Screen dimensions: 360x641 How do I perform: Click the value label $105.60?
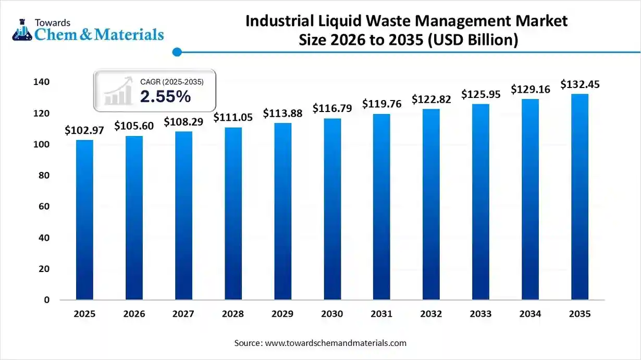point(134,126)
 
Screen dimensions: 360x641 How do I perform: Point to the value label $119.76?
point(381,104)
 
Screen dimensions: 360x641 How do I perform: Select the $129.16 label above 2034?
point(530,90)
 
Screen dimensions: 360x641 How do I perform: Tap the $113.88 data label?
point(282,113)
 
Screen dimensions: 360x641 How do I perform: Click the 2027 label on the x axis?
point(183,314)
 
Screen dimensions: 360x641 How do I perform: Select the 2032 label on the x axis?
point(431,314)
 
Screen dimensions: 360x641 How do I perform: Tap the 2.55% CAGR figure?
point(165,97)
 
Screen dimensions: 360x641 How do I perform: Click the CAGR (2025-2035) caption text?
point(171,82)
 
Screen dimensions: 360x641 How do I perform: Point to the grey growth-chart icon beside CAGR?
point(118,92)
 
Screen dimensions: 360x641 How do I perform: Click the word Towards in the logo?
point(53,22)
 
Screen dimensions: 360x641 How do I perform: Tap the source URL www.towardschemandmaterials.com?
point(336,343)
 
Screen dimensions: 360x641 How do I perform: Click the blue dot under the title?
point(177,52)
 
